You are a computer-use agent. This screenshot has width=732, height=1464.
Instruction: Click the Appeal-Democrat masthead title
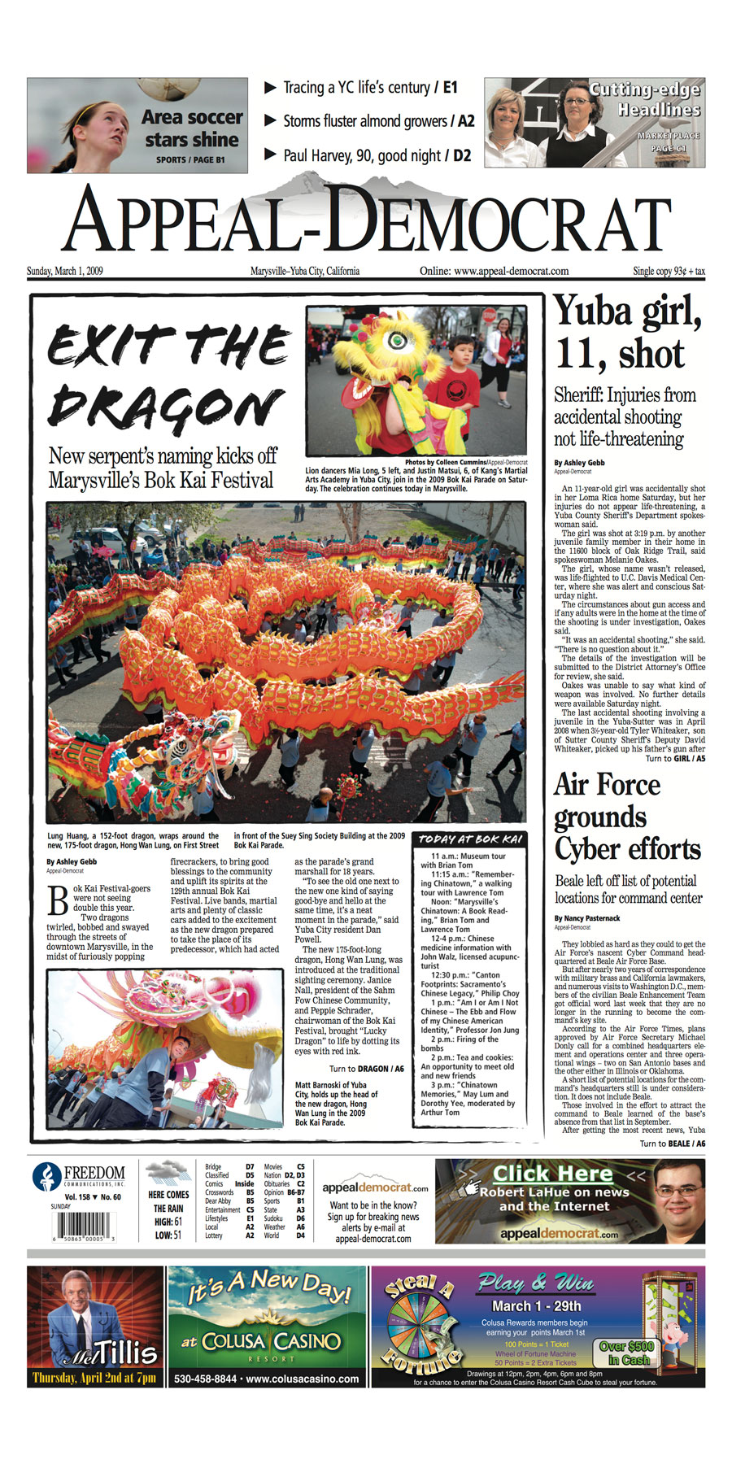pyautogui.click(x=366, y=222)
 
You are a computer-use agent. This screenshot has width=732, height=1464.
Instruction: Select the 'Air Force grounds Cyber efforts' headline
pyautogui.click(x=627, y=817)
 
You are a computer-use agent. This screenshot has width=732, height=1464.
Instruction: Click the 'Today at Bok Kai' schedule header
pyautogui.click(x=469, y=839)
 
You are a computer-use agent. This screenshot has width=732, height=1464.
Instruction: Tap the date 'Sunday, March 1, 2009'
pyautogui.click(x=65, y=271)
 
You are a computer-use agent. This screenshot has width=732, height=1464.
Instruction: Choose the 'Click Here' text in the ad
pyautogui.click(x=552, y=1174)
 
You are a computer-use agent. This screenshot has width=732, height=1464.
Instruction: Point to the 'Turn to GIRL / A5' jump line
pyautogui.click(x=675, y=758)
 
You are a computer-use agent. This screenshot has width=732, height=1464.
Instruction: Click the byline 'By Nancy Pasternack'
pyautogui.click(x=587, y=917)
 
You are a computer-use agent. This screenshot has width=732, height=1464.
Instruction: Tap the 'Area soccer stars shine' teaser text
pyautogui.click(x=191, y=129)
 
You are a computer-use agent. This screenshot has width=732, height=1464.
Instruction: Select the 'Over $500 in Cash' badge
pyautogui.click(x=625, y=1353)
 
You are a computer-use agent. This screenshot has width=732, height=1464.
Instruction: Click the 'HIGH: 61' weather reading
pyautogui.click(x=168, y=1222)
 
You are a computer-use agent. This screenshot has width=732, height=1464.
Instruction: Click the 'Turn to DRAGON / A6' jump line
pyautogui.click(x=366, y=1069)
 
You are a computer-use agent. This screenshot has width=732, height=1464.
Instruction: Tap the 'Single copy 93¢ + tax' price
pyautogui.click(x=669, y=271)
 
